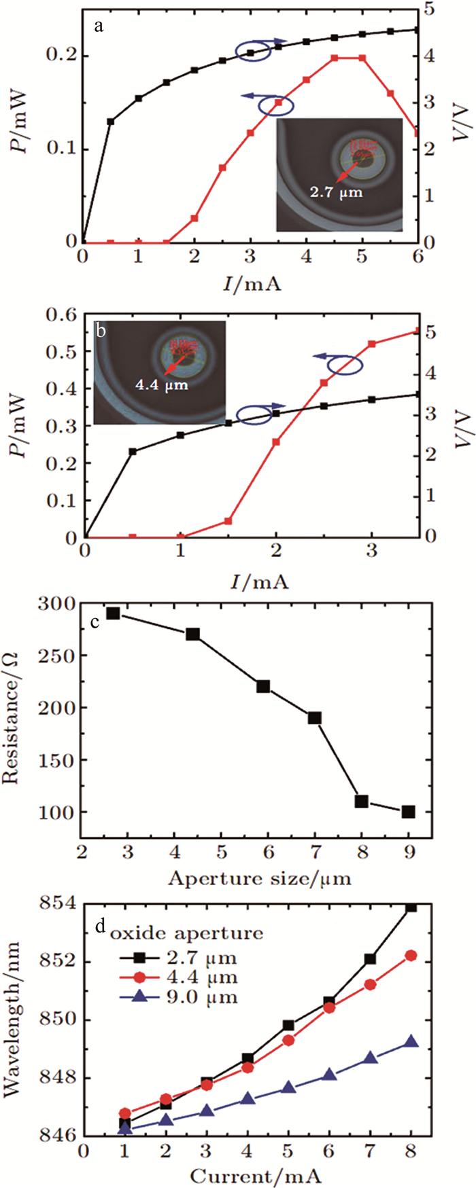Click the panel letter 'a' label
pos(100,26)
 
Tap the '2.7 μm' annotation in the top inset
pos(337,192)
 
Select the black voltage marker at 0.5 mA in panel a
pos(111,122)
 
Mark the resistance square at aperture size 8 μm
pos(362,802)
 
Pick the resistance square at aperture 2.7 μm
pos(113,613)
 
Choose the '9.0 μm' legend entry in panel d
pos(201,998)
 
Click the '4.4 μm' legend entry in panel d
pos(201,977)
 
